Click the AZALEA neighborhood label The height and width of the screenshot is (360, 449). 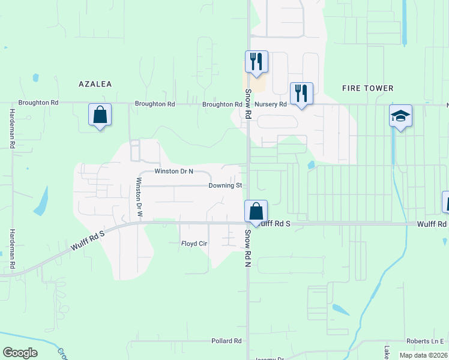point(95,84)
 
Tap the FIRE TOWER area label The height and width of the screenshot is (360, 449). point(367,88)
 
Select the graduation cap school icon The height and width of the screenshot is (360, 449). point(400,116)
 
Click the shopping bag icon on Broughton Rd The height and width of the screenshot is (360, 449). point(100,114)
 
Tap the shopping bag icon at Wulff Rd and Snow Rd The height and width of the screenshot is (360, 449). point(256,211)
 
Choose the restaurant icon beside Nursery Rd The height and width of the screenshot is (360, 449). point(301,93)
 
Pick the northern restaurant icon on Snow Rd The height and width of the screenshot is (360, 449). point(256,61)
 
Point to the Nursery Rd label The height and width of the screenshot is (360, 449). point(270,104)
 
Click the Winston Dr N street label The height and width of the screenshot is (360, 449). point(173,172)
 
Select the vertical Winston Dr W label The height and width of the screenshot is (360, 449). point(140,197)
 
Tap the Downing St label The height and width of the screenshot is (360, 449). point(225,186)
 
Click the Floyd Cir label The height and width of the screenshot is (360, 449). point(194,244)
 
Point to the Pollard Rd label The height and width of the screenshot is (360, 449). point(226,341)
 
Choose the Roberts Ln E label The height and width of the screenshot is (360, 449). point(424,340)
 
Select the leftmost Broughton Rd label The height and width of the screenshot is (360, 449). point(38,103)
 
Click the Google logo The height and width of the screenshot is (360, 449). point(20,353)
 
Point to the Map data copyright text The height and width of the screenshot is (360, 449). point(423,355)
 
